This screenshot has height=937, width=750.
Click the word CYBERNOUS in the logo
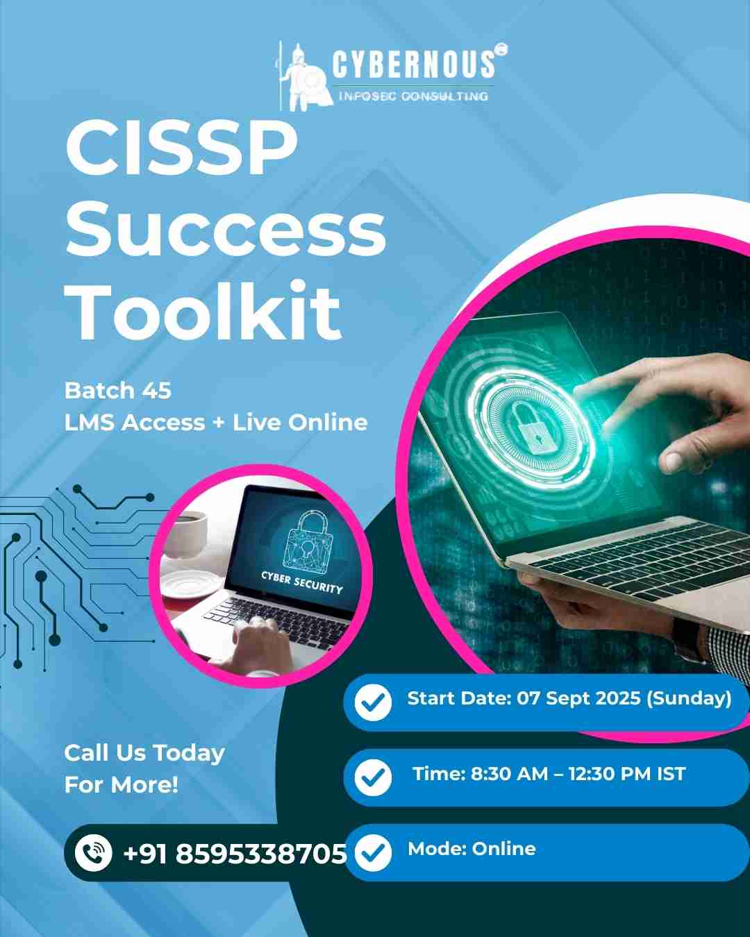(414, 64)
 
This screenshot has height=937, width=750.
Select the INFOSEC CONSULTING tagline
(413, 96)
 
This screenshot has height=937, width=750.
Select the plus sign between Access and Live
(219, 423)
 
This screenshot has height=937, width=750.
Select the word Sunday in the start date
(689, 698)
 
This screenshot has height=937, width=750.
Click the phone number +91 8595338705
(235, 854)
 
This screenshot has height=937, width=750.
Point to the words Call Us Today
(144, 753)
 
